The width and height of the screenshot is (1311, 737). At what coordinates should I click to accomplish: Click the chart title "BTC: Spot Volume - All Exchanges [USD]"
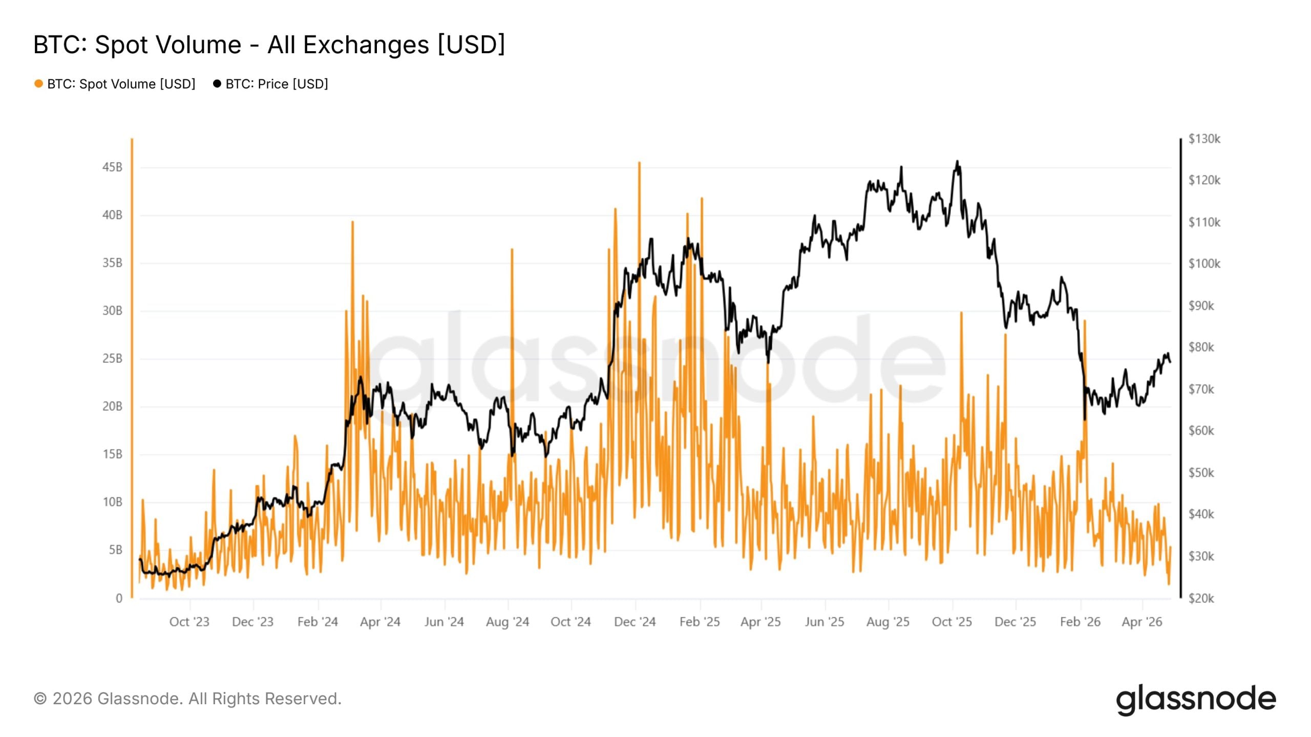[x=269, y=45]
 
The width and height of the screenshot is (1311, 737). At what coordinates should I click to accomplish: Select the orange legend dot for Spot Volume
[x=38, y=83]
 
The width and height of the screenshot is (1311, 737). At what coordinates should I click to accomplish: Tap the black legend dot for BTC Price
[x=217, y=83]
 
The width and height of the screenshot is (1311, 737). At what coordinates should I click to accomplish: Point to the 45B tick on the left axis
[x=112, y=167]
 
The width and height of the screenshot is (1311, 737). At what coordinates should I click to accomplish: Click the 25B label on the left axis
[x=112, y=358]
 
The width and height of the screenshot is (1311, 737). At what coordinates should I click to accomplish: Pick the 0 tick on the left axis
[x=119, y=598]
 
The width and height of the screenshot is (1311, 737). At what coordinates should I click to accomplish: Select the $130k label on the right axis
[x=1204, y=139]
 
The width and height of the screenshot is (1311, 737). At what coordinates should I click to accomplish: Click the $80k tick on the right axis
[x=1201, y=347]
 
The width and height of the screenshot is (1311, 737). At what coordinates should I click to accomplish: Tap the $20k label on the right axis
[x=1201, y=598]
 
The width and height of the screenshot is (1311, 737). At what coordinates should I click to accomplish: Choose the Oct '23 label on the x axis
[x=189, y=622]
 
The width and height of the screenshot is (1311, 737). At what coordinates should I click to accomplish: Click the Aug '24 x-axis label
[x=507, y=622]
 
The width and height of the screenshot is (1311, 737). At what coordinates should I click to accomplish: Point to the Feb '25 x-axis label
[x=699, y=622]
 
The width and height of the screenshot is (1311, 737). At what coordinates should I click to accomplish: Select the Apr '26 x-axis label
[x=1141, y=622]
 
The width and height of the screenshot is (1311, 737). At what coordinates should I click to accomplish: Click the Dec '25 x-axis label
[x=1014, y=622]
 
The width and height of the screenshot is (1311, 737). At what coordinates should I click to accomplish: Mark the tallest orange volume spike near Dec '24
[x=639, y=163]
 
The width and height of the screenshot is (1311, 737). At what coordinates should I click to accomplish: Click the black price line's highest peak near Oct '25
[x=957, y=162]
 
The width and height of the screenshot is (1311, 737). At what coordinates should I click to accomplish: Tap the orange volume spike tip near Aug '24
[x=512, y=250]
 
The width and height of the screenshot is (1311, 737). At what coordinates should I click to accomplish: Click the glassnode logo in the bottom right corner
[x=1196, y=699]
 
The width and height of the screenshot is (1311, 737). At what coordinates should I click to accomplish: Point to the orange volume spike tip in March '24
[x=352, y=222]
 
